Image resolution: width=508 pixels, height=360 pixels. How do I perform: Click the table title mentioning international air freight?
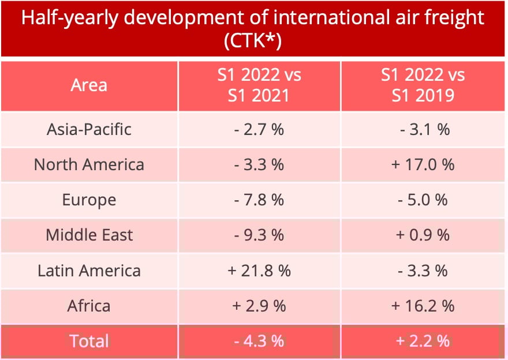click(253, 18)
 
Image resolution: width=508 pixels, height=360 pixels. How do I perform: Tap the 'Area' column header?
click(89, 85)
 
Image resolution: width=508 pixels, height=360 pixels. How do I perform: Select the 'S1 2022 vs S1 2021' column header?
click(259, 85)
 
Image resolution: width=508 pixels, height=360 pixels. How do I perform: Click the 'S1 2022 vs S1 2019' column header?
click(423, 85)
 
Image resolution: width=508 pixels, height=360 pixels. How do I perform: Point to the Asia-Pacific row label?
click(89, 129)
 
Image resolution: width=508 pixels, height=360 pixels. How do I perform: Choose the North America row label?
click(89, 164)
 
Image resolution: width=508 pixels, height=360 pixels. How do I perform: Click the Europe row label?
click(89, 200)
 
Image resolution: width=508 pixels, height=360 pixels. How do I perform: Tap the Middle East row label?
click(89, 235)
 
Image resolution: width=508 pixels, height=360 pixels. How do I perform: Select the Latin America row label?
click(89, 271)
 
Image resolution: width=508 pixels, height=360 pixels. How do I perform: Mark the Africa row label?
click(89, 306)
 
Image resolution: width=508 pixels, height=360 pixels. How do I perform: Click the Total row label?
click(89, 341)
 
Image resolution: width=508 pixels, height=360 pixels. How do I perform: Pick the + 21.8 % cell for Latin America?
click(259, 271)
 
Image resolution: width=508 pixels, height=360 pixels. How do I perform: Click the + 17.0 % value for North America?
click(423, 164)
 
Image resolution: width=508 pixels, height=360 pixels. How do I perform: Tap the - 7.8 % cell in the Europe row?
click(259, 200)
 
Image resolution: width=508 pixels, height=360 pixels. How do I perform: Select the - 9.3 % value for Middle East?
click(259, 235)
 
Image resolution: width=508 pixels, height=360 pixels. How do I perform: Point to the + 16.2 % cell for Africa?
click(423, 306)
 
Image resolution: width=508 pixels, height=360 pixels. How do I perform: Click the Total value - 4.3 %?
click(259, 341)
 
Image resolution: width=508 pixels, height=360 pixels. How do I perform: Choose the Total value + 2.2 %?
click(423, 341)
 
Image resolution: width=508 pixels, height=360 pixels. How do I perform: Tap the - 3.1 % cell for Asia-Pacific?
click(423, 129)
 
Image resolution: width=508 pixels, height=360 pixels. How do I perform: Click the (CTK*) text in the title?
click(253, 42)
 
